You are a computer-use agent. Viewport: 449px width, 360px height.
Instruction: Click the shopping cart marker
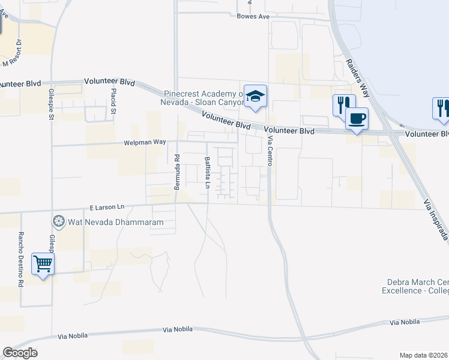[43, 263]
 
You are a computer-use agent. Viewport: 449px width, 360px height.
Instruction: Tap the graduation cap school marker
[255, 97]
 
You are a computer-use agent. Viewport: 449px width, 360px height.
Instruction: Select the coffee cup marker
[357, 118]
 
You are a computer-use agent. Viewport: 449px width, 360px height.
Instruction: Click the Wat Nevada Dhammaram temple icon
[59, 222]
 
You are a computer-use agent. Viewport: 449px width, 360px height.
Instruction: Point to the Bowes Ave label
[253, 17]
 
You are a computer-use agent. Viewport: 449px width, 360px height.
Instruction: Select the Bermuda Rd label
[177, 172]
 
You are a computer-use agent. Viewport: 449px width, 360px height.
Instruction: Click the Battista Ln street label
[206, 173]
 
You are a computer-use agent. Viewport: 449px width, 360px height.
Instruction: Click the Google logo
[20, 353]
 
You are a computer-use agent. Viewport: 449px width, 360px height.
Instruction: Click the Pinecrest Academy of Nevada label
[204, 98]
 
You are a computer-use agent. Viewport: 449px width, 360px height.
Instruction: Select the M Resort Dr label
[13, 53]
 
